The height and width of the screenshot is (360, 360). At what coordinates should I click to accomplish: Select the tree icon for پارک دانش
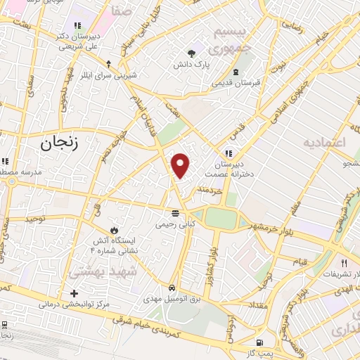click(x=191, y=53)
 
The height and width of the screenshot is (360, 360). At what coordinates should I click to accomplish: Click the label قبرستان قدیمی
click(x=237, y=82)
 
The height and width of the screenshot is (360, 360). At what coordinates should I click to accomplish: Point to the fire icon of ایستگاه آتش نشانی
click(x=113, y=230)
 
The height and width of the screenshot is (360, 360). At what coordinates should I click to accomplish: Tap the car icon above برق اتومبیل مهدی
click(x=172, y=288)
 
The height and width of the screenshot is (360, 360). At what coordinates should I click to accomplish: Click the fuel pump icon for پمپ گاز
click(x=259, y=342)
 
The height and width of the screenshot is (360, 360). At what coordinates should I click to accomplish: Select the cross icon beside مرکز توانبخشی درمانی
click(x=74, y=293)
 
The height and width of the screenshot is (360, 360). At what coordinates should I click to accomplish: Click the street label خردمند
click(x=210, y=189)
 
